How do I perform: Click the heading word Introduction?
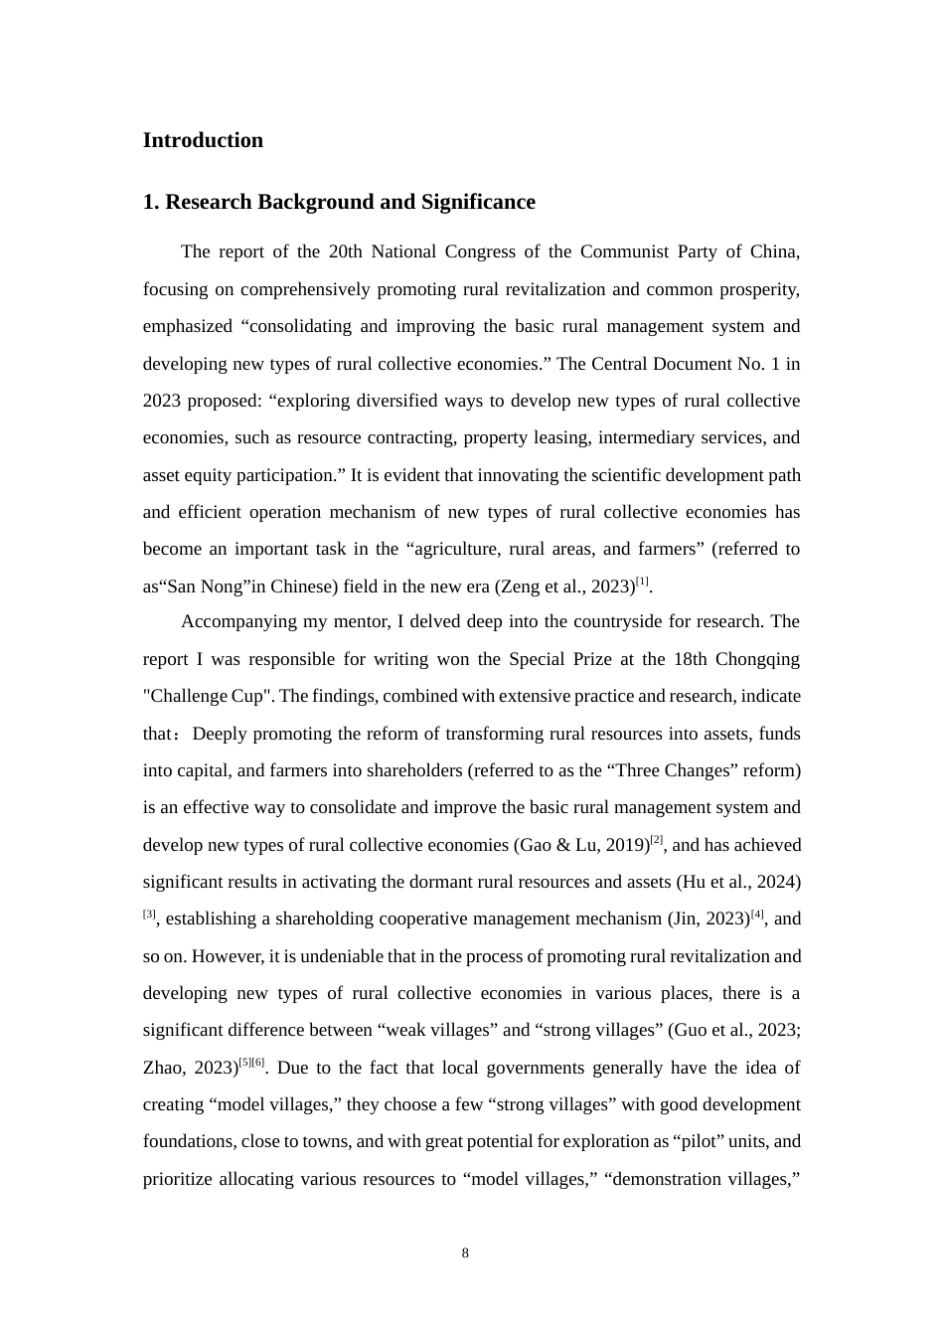coord(203,140)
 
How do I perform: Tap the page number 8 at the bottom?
coord(465,1253)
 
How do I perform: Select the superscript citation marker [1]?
coord(643,582)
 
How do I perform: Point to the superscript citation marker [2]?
coord(656,840)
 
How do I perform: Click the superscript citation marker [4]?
coord(757,914)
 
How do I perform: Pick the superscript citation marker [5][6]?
coord(251,1063)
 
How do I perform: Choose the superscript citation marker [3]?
coord(149,914)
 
